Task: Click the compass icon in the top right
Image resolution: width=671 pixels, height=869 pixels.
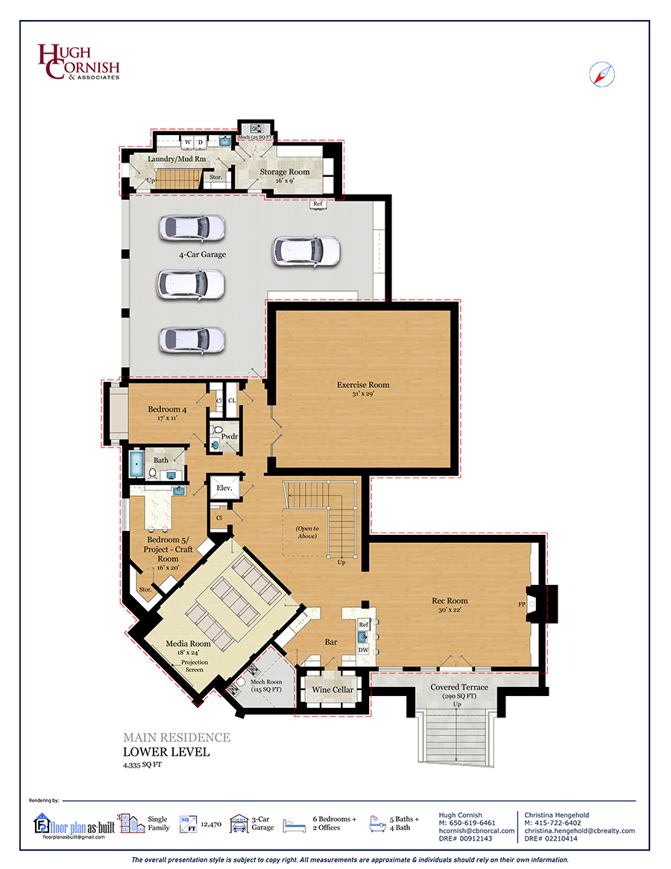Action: coord(602,75)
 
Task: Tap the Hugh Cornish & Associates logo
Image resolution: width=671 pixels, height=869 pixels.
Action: coord(79,61)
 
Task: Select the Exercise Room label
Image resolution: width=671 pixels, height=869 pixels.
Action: coord(363,385)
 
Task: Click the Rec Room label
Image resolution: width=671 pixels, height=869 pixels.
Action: coord(450,600)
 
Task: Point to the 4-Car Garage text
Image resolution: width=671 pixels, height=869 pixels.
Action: coord(202,254)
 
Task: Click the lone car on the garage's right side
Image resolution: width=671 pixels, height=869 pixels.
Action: coord(306,251)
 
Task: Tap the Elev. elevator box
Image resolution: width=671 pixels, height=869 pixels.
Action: coord(224,488)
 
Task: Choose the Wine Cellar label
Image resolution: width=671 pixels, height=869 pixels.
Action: coord(333,689)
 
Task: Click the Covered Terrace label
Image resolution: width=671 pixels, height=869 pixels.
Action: coord(459,687)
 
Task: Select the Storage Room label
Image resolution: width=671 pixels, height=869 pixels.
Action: coord(285,172)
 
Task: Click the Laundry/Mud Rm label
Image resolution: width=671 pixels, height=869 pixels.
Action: coord(177,159)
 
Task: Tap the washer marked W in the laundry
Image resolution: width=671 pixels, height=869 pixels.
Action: coord(188,142)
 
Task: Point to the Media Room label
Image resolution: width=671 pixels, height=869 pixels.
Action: coord(189,644)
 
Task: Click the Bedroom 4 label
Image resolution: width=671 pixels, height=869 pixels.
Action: coord(167,410)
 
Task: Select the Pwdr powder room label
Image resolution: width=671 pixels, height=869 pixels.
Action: coord(230,436)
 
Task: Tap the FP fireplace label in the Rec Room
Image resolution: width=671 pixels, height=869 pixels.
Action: coord(521,604)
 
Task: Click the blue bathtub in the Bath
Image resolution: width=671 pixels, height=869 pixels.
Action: coord(136,464)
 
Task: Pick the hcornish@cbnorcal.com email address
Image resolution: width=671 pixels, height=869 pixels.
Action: coord(476,831)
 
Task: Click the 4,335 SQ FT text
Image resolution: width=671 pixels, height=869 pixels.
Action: coord(142,765)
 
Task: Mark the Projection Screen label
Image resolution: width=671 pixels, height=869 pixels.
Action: coord(195,666)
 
